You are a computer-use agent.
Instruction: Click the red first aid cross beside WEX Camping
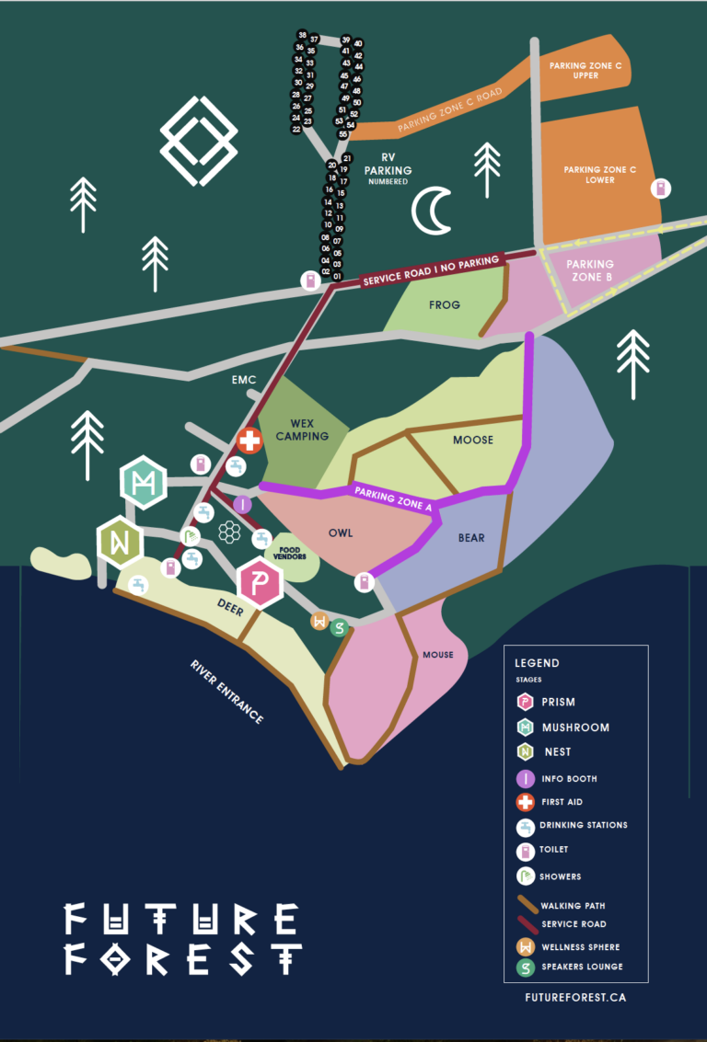point(249,441)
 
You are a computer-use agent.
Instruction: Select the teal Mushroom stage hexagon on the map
point(143,482)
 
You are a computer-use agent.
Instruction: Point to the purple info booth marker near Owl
point(242,503)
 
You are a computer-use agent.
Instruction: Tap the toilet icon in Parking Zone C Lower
point(659,189)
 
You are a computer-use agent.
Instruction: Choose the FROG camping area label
point(444,304)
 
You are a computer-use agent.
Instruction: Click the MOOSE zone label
point(473,440)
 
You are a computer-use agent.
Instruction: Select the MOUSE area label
point(438,655)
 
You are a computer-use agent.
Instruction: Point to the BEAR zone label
point(471,538)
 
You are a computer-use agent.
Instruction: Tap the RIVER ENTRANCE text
point(226,691)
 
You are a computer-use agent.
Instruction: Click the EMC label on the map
point(245,379)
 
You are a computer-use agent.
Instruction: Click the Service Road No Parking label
point(431,271)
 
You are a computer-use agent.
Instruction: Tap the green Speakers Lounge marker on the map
point(340,628)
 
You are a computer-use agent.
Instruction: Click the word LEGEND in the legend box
point(537,662)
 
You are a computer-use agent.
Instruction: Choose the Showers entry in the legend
point(561,876)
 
